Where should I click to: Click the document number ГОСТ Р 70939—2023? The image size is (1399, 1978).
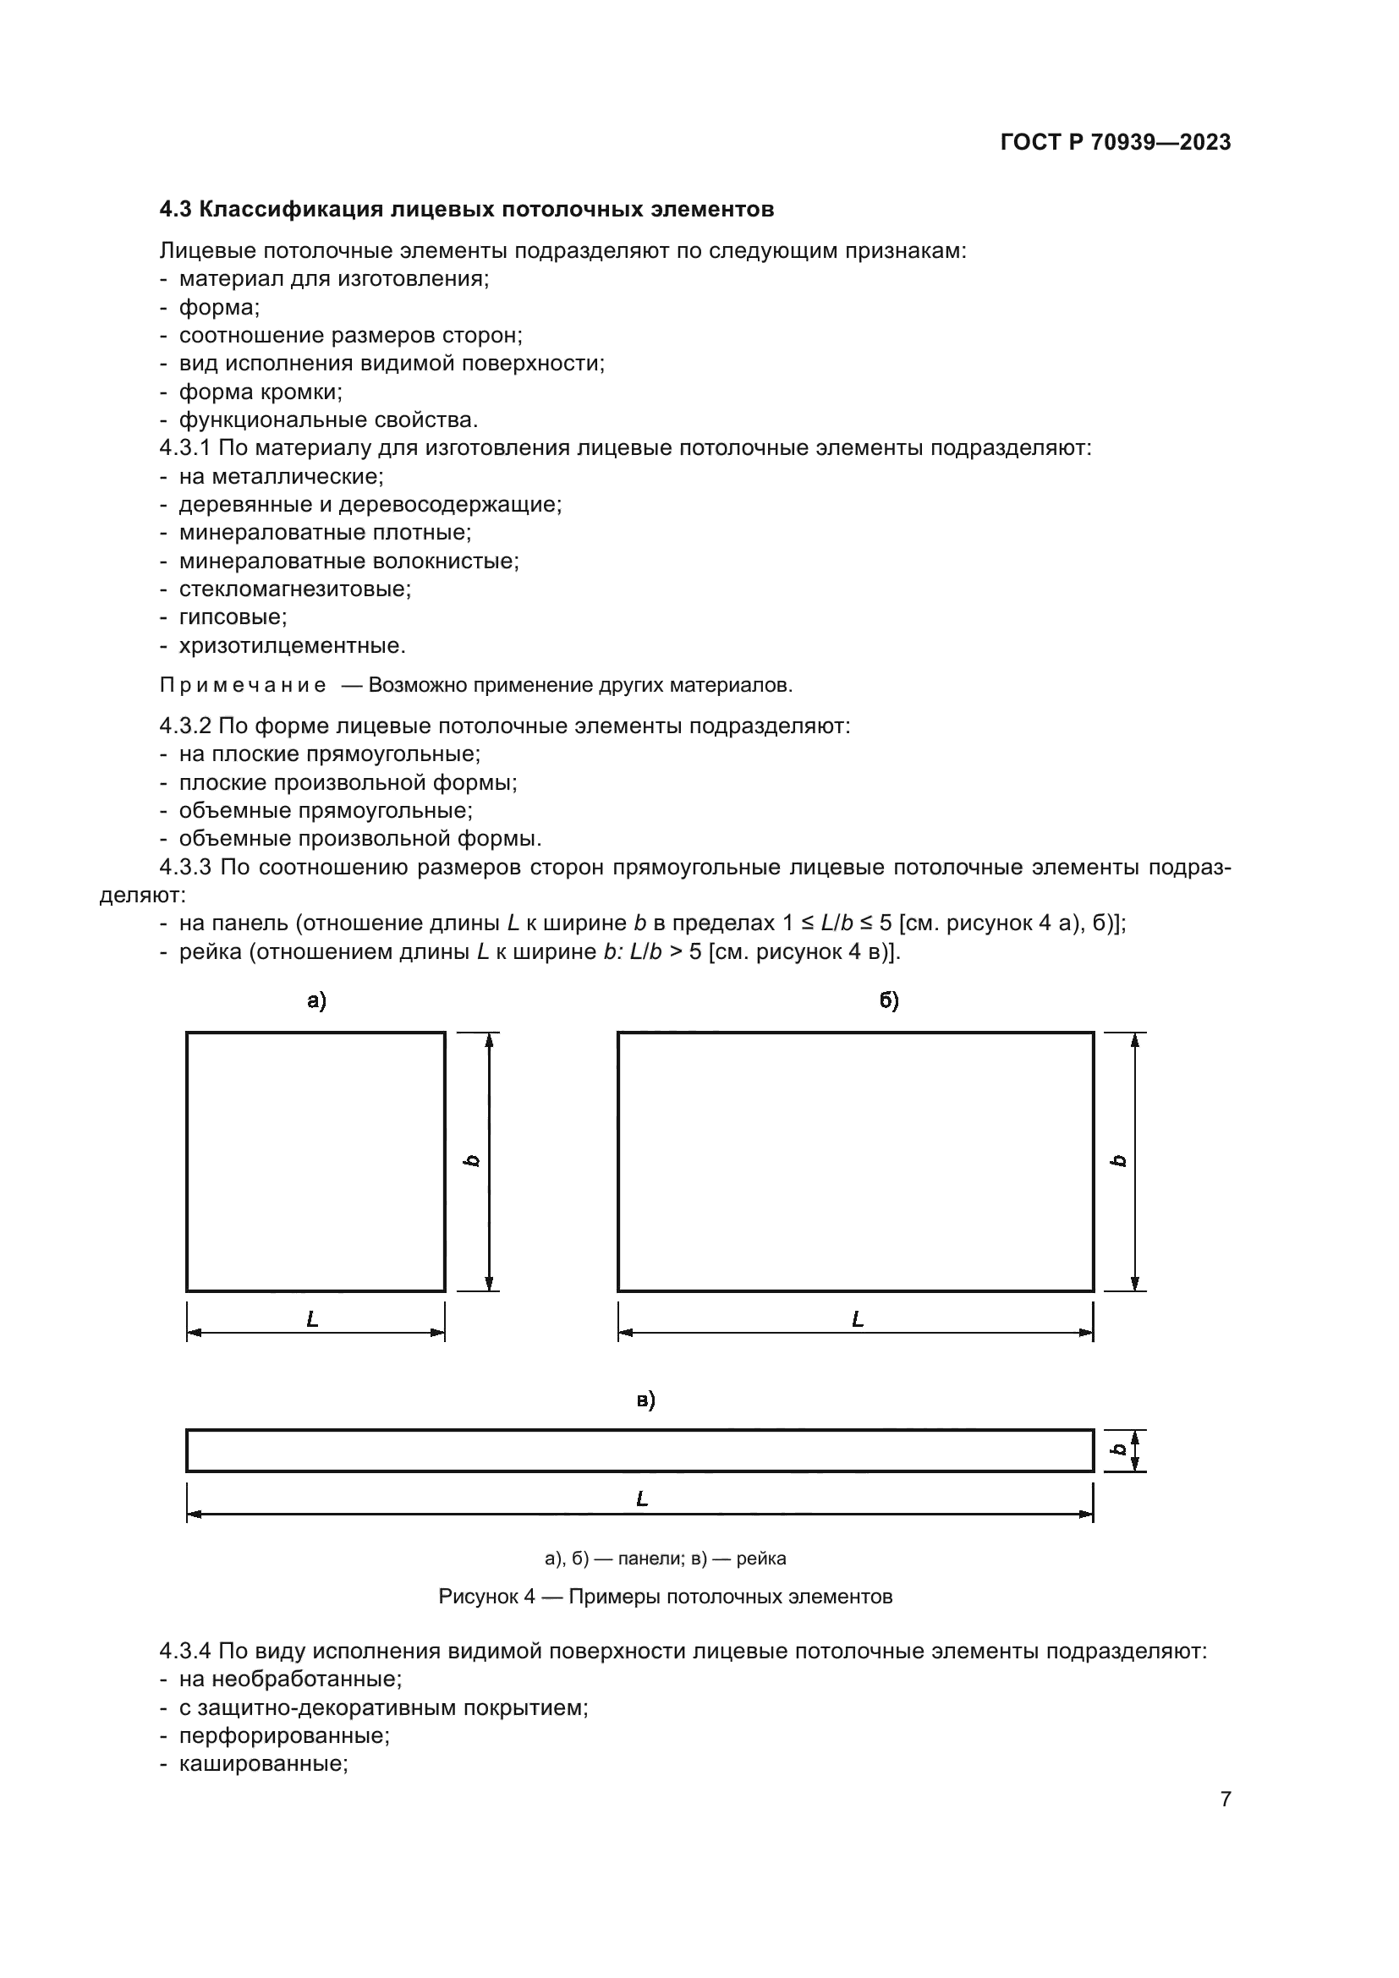(x=1116, y=142)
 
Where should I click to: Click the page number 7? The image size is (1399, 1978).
(x=1225, y=1799)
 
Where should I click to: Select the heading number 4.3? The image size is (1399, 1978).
(x=177, y=210)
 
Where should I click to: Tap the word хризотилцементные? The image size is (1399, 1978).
(x=291, y=645)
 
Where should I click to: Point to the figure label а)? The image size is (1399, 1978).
(x=316, y=1000)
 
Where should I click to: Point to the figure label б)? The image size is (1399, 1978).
(x=889, y=1000)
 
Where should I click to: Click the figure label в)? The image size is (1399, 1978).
(x=645, y=1400)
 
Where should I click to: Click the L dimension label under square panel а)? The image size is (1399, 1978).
(x=313, y=1319)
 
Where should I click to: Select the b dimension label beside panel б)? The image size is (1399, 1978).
(x=1118, y=1160)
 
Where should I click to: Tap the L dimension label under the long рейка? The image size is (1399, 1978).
(x=642, y=1499)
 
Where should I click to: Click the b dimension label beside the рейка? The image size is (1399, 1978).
(x=1118, y=1450)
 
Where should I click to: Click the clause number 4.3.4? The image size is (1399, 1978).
(x=184, y=1652)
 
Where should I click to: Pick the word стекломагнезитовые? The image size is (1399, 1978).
(x=294, y=589)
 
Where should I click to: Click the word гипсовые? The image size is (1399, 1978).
(x=233, y=616)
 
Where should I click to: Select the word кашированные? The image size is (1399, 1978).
(x=263, y=1763)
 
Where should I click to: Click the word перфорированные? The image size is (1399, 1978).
(x=284, y=1735)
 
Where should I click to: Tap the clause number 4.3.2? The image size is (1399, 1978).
(x=184, y=726)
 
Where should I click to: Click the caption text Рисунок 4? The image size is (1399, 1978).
(x=486, y=1597)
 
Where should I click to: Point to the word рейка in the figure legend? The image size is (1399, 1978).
(x=760, y=1559)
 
